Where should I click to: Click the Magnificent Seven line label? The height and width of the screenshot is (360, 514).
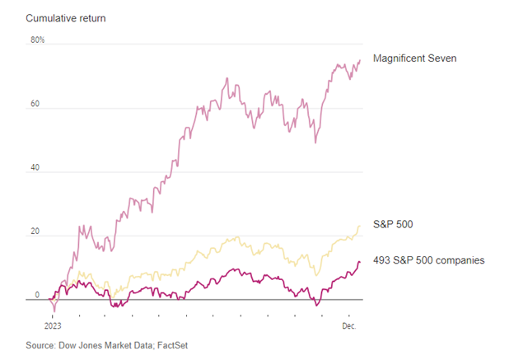click(x=426, y=58)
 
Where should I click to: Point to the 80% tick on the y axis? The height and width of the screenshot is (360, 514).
click(x=38, y=40)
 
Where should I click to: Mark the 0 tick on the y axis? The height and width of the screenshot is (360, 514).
click(x=37, y=294)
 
